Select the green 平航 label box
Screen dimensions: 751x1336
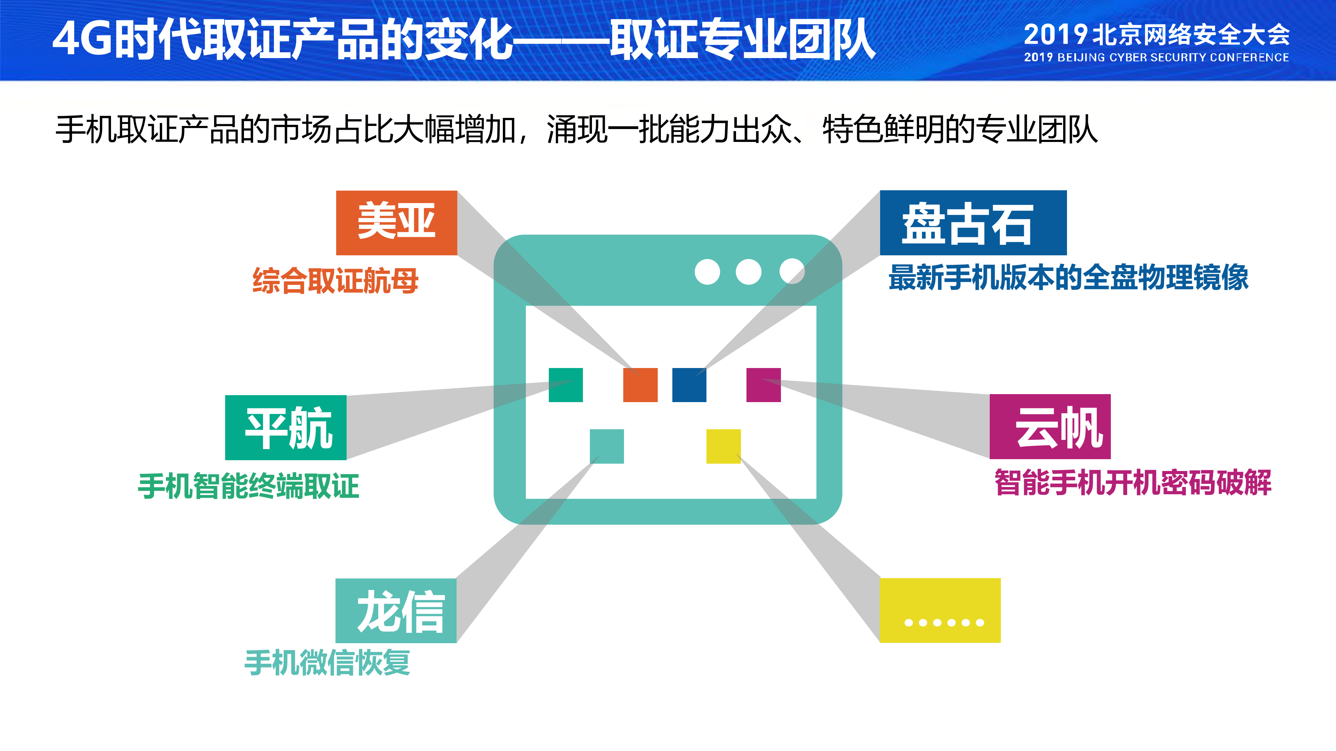(x=286, y=427)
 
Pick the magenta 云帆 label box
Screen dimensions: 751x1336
(x=1050, y=426)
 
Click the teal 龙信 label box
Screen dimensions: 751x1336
(x=396, y=610)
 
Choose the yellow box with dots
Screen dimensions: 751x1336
(x=940, y=610)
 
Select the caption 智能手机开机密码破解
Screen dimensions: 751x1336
(x=1133, y=482)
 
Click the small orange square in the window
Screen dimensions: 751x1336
(x=640, y=385)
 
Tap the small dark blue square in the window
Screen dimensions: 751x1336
(x=689, y=385)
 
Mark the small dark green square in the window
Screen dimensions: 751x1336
(x=565, y=385)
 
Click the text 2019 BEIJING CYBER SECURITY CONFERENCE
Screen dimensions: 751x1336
(x=1156, y=57)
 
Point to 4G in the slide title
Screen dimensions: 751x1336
(x=82, y=39)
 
